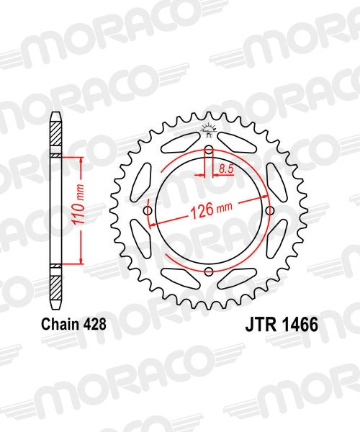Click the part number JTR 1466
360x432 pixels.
click(277, 325)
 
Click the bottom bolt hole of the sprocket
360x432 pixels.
click(208, 271)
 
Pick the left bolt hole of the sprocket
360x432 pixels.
click(148, 211)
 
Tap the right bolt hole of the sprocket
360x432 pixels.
click(269, 211)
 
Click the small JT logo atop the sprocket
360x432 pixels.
click(209, 132)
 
